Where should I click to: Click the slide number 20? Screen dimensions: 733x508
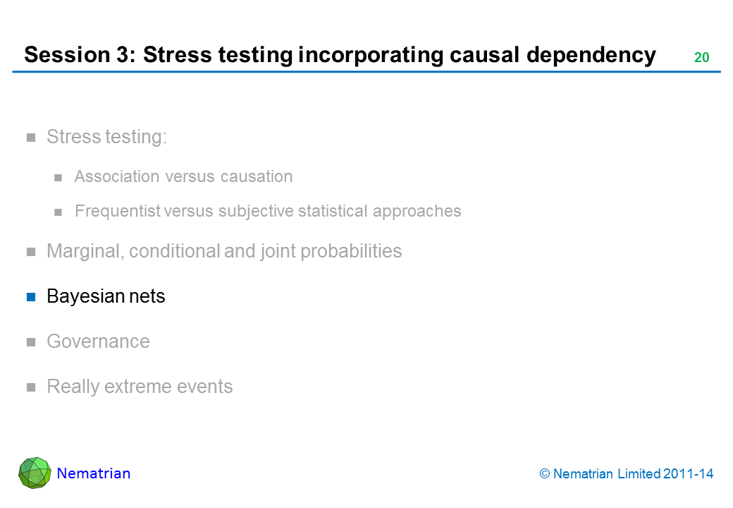pos(702,57)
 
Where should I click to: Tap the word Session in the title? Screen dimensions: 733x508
pos(67,55)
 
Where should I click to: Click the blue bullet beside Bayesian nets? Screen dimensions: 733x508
pos(31,297)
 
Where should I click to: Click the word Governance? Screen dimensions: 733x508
pos(98,341)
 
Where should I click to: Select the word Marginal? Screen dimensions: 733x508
pos(85,252)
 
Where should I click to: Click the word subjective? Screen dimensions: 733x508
pos(256,212)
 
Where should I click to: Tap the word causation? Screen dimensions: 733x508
pos(257,177)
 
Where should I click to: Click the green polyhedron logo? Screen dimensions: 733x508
pos(35,473)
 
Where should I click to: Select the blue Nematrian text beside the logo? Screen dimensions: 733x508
pos(94,473)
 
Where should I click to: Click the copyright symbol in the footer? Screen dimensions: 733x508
pos(545,474)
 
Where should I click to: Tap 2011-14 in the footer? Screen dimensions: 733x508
pos(688,474)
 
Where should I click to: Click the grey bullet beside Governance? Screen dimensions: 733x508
pos(31,342)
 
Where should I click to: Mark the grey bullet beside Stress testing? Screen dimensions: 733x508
pos(31,138)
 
